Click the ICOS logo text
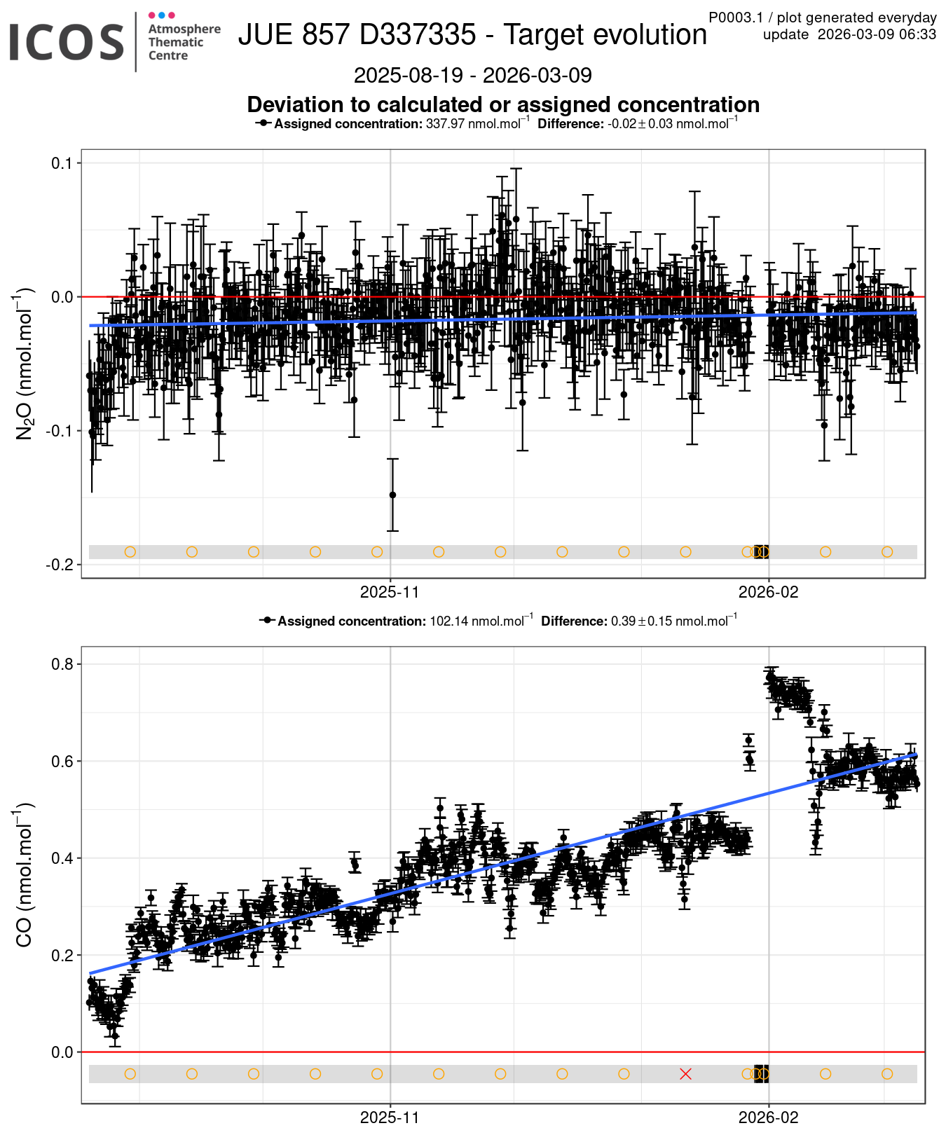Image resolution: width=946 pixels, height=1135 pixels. click(66, 42)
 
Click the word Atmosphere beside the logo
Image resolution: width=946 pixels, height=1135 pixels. click(184, 29)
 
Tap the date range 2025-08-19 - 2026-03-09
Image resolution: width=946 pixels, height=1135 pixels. click(472, 75)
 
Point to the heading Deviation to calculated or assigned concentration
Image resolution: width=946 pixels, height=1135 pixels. click(503, 104)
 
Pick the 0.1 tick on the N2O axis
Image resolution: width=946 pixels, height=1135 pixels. click(62, 163)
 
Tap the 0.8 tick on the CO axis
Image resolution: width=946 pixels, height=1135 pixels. click(62, 663)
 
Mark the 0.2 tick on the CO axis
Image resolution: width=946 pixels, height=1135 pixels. click(62, 955)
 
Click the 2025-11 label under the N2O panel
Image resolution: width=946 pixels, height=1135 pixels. click(390, 592)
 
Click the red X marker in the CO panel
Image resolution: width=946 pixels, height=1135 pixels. click(685, 1074)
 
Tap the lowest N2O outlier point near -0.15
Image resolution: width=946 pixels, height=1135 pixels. click(392, 495)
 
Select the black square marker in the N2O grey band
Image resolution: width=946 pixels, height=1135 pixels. click(761, 551)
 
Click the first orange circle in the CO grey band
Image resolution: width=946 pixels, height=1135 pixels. click(130, 1074)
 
